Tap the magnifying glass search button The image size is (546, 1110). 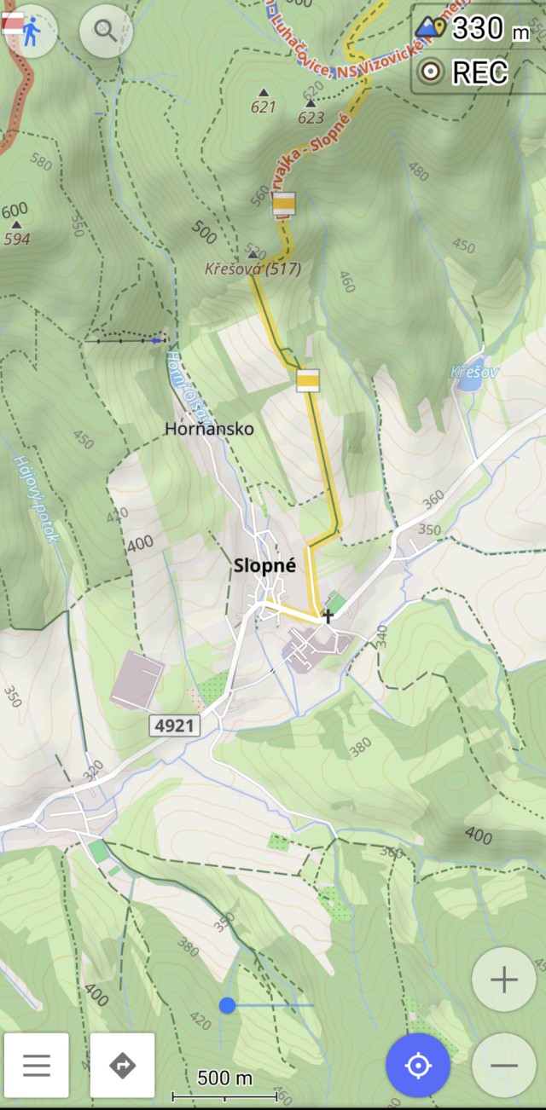point(106,32)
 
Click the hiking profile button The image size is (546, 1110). point(31,32)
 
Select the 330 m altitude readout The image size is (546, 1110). point(479,28)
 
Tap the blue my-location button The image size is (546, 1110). point(417,1066)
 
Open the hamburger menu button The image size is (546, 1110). point(37,1066)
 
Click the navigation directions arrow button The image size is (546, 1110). point(123,1066)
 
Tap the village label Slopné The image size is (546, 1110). point(264,564)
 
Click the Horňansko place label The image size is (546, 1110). point(211,429)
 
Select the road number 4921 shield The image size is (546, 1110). point(175,726)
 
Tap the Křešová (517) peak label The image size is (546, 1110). point(253,269)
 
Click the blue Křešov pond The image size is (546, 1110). point(468,381)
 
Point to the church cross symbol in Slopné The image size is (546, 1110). point(328,615)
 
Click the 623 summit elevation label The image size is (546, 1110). point(311,118)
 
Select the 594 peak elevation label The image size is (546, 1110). point(17,239)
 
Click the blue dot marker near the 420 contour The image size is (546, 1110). point(227,1005)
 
